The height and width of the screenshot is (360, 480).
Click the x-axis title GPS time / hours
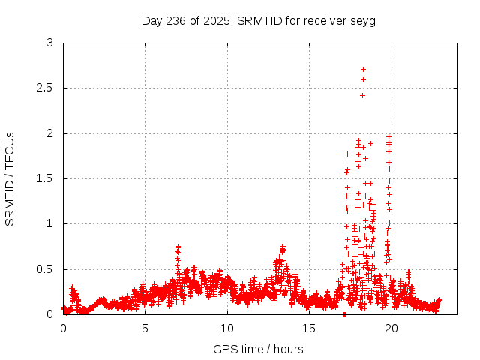(x=258, y=349)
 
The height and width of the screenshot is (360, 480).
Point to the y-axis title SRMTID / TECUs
(x=10, y=178)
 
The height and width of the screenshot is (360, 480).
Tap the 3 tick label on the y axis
(x=50, y=43)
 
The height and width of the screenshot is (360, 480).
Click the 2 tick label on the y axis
(x=50, y=133)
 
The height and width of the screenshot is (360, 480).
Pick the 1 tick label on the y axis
(x=50, y=223)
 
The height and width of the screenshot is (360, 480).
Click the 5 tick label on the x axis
(x=145, y=328)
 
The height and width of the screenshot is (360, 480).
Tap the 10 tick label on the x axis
(x=226, y=328)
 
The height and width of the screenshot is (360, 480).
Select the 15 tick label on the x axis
(x=308, y=328)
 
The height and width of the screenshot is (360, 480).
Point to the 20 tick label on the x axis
(x=390, y=328)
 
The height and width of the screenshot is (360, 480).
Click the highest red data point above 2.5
(x=364, y=70)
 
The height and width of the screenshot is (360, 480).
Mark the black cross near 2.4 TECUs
(x=362, y=95)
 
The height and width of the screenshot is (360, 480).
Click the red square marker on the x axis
(x=344, y=313)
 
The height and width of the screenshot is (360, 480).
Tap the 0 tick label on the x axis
(x=63, y=328)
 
